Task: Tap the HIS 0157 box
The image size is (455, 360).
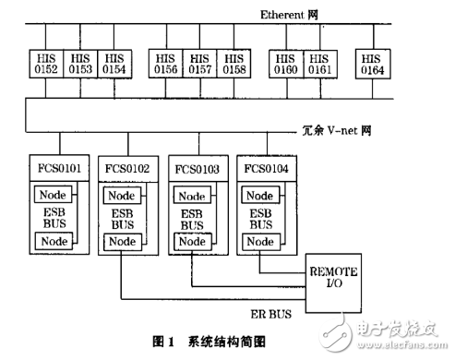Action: [x=199, y=63]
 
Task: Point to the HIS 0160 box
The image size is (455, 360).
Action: [x=286, y=63]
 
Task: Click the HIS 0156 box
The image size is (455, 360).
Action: [x=168, y=63]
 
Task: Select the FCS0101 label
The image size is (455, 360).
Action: [x=59, y=169]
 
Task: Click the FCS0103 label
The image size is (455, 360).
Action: [x=197, y=169]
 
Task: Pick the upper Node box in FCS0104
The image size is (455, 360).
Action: [x=261, y=195]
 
